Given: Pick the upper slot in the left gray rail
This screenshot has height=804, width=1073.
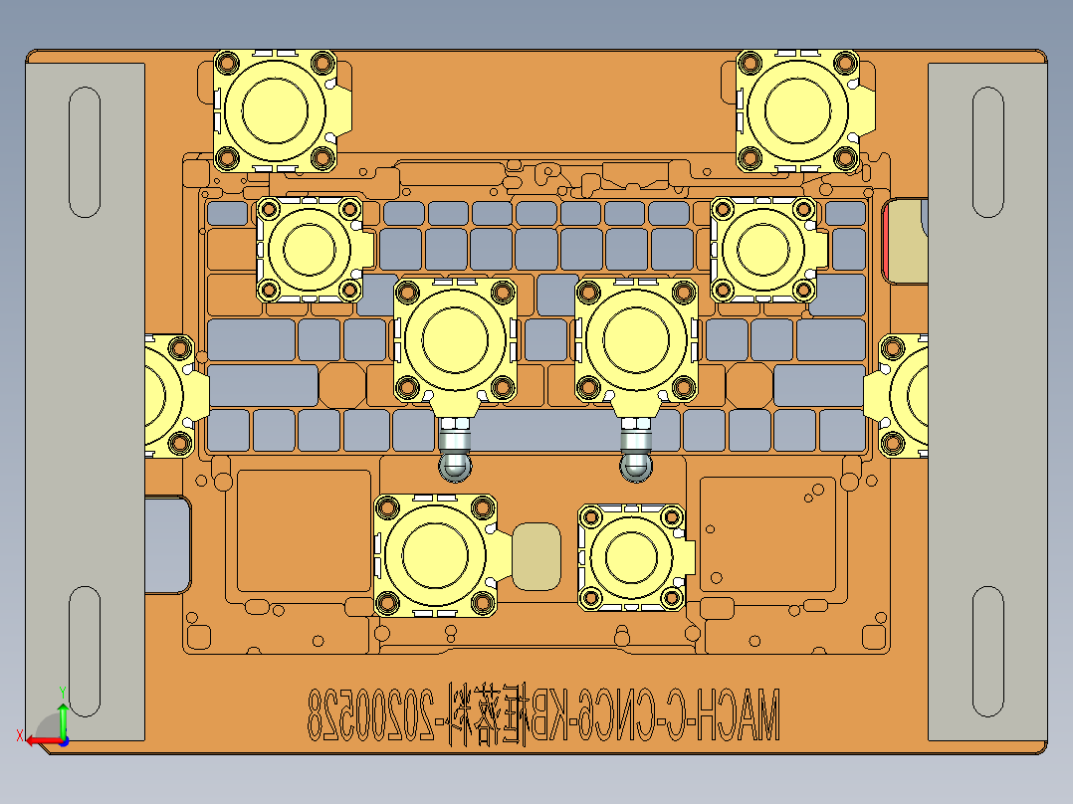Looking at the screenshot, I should point(85,151).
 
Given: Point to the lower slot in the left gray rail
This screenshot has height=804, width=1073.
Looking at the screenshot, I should point(85,651).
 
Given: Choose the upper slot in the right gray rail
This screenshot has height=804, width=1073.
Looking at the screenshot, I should point(987,151).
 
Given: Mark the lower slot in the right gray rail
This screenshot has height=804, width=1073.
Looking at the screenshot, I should point(987,651).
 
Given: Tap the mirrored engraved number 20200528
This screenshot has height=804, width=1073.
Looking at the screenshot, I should point(369,712).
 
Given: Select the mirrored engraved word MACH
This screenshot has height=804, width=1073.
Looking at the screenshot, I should point(735,712).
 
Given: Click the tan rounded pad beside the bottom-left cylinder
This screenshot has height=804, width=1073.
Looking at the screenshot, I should point(536,555).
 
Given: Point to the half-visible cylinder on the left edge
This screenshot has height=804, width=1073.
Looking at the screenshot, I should point(163,395).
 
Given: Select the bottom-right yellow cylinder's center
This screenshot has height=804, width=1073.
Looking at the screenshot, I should point(631,556).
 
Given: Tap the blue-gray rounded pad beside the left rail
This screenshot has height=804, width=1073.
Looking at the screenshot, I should point(166,545).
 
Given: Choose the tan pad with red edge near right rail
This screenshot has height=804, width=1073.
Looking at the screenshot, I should point(905,240).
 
